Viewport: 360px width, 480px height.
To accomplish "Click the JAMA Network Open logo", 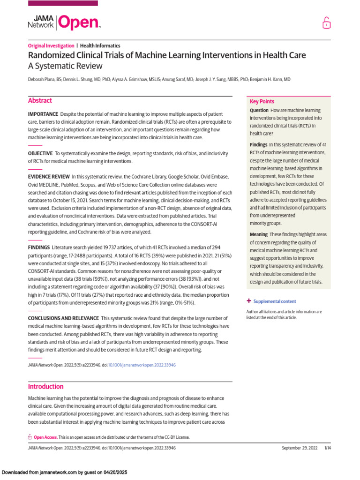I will coord(64,22).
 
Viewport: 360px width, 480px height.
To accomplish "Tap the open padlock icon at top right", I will coord(326,23).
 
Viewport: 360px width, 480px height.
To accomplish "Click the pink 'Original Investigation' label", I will coord(51,46).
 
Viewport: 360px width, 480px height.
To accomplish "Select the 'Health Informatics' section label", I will coord(100,46).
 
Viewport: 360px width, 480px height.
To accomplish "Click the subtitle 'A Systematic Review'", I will coord(65,66).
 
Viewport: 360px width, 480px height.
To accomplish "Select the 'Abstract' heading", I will coord(40,101).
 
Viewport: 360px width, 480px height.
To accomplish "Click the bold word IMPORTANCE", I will coord(43,114).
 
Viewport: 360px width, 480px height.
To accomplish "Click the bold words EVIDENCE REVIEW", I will coord(48,177).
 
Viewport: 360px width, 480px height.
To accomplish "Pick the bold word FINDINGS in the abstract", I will coord(38,247).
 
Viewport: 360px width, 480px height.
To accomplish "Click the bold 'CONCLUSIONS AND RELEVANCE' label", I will coord(63,318).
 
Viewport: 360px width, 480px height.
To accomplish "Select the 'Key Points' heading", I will coord(262,102).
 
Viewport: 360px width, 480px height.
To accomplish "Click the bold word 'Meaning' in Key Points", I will coord(259,234).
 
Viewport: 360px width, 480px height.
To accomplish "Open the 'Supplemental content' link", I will coord(274,301).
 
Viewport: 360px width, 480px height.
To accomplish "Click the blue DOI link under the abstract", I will coord(142,365).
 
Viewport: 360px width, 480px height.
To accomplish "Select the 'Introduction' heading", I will coord(45,387).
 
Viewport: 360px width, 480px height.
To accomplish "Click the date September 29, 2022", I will coord(300,448).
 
